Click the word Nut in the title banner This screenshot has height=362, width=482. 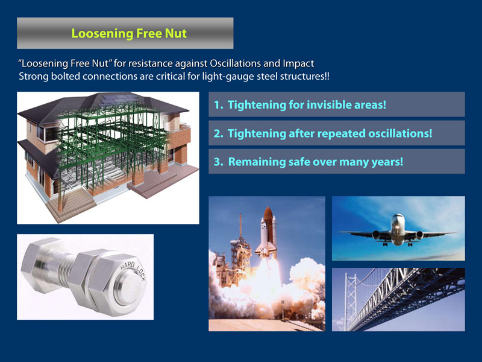tap(176, 33)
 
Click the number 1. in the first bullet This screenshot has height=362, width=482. tap(219, 105)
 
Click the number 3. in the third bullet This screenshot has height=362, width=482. tap(219, 162)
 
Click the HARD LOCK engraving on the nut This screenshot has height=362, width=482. tap(133, 270)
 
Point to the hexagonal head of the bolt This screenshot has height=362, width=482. tap(39, 265)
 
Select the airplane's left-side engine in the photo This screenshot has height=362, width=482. tap(376, 235)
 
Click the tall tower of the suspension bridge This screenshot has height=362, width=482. tap(350, 300)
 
